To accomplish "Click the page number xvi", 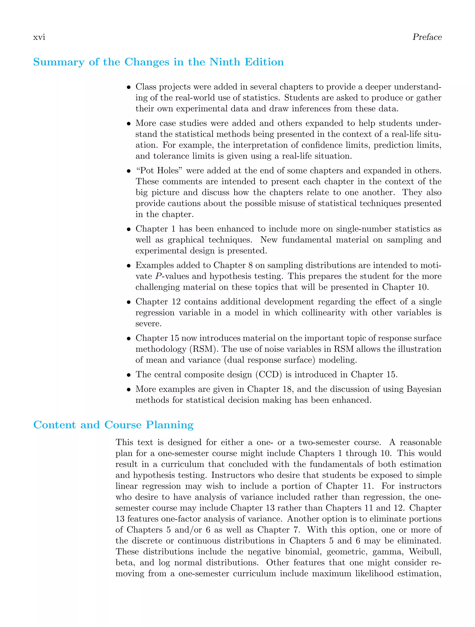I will pyautogui.click(x=39, y=37).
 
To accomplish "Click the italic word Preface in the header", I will pyautogui.click(x=427, y=37).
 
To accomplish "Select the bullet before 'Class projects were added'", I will pyautogui.click(x=129, y=87).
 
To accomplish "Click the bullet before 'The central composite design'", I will pyautogui.click(x=129, y=375).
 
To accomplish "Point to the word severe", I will pyautogui.click(x=148, y=324).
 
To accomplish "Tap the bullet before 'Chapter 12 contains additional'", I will pyautogui.click(x=129, y=302).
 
